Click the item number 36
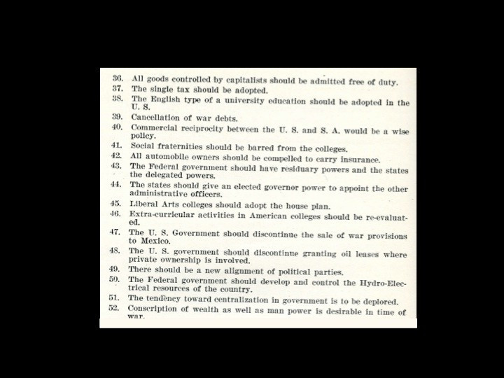(x=118, y=80)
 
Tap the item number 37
(x=118, y=89)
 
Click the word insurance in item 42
(x=356, y=160)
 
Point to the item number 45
(x=115, y=204)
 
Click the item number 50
(x=115, y=279)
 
